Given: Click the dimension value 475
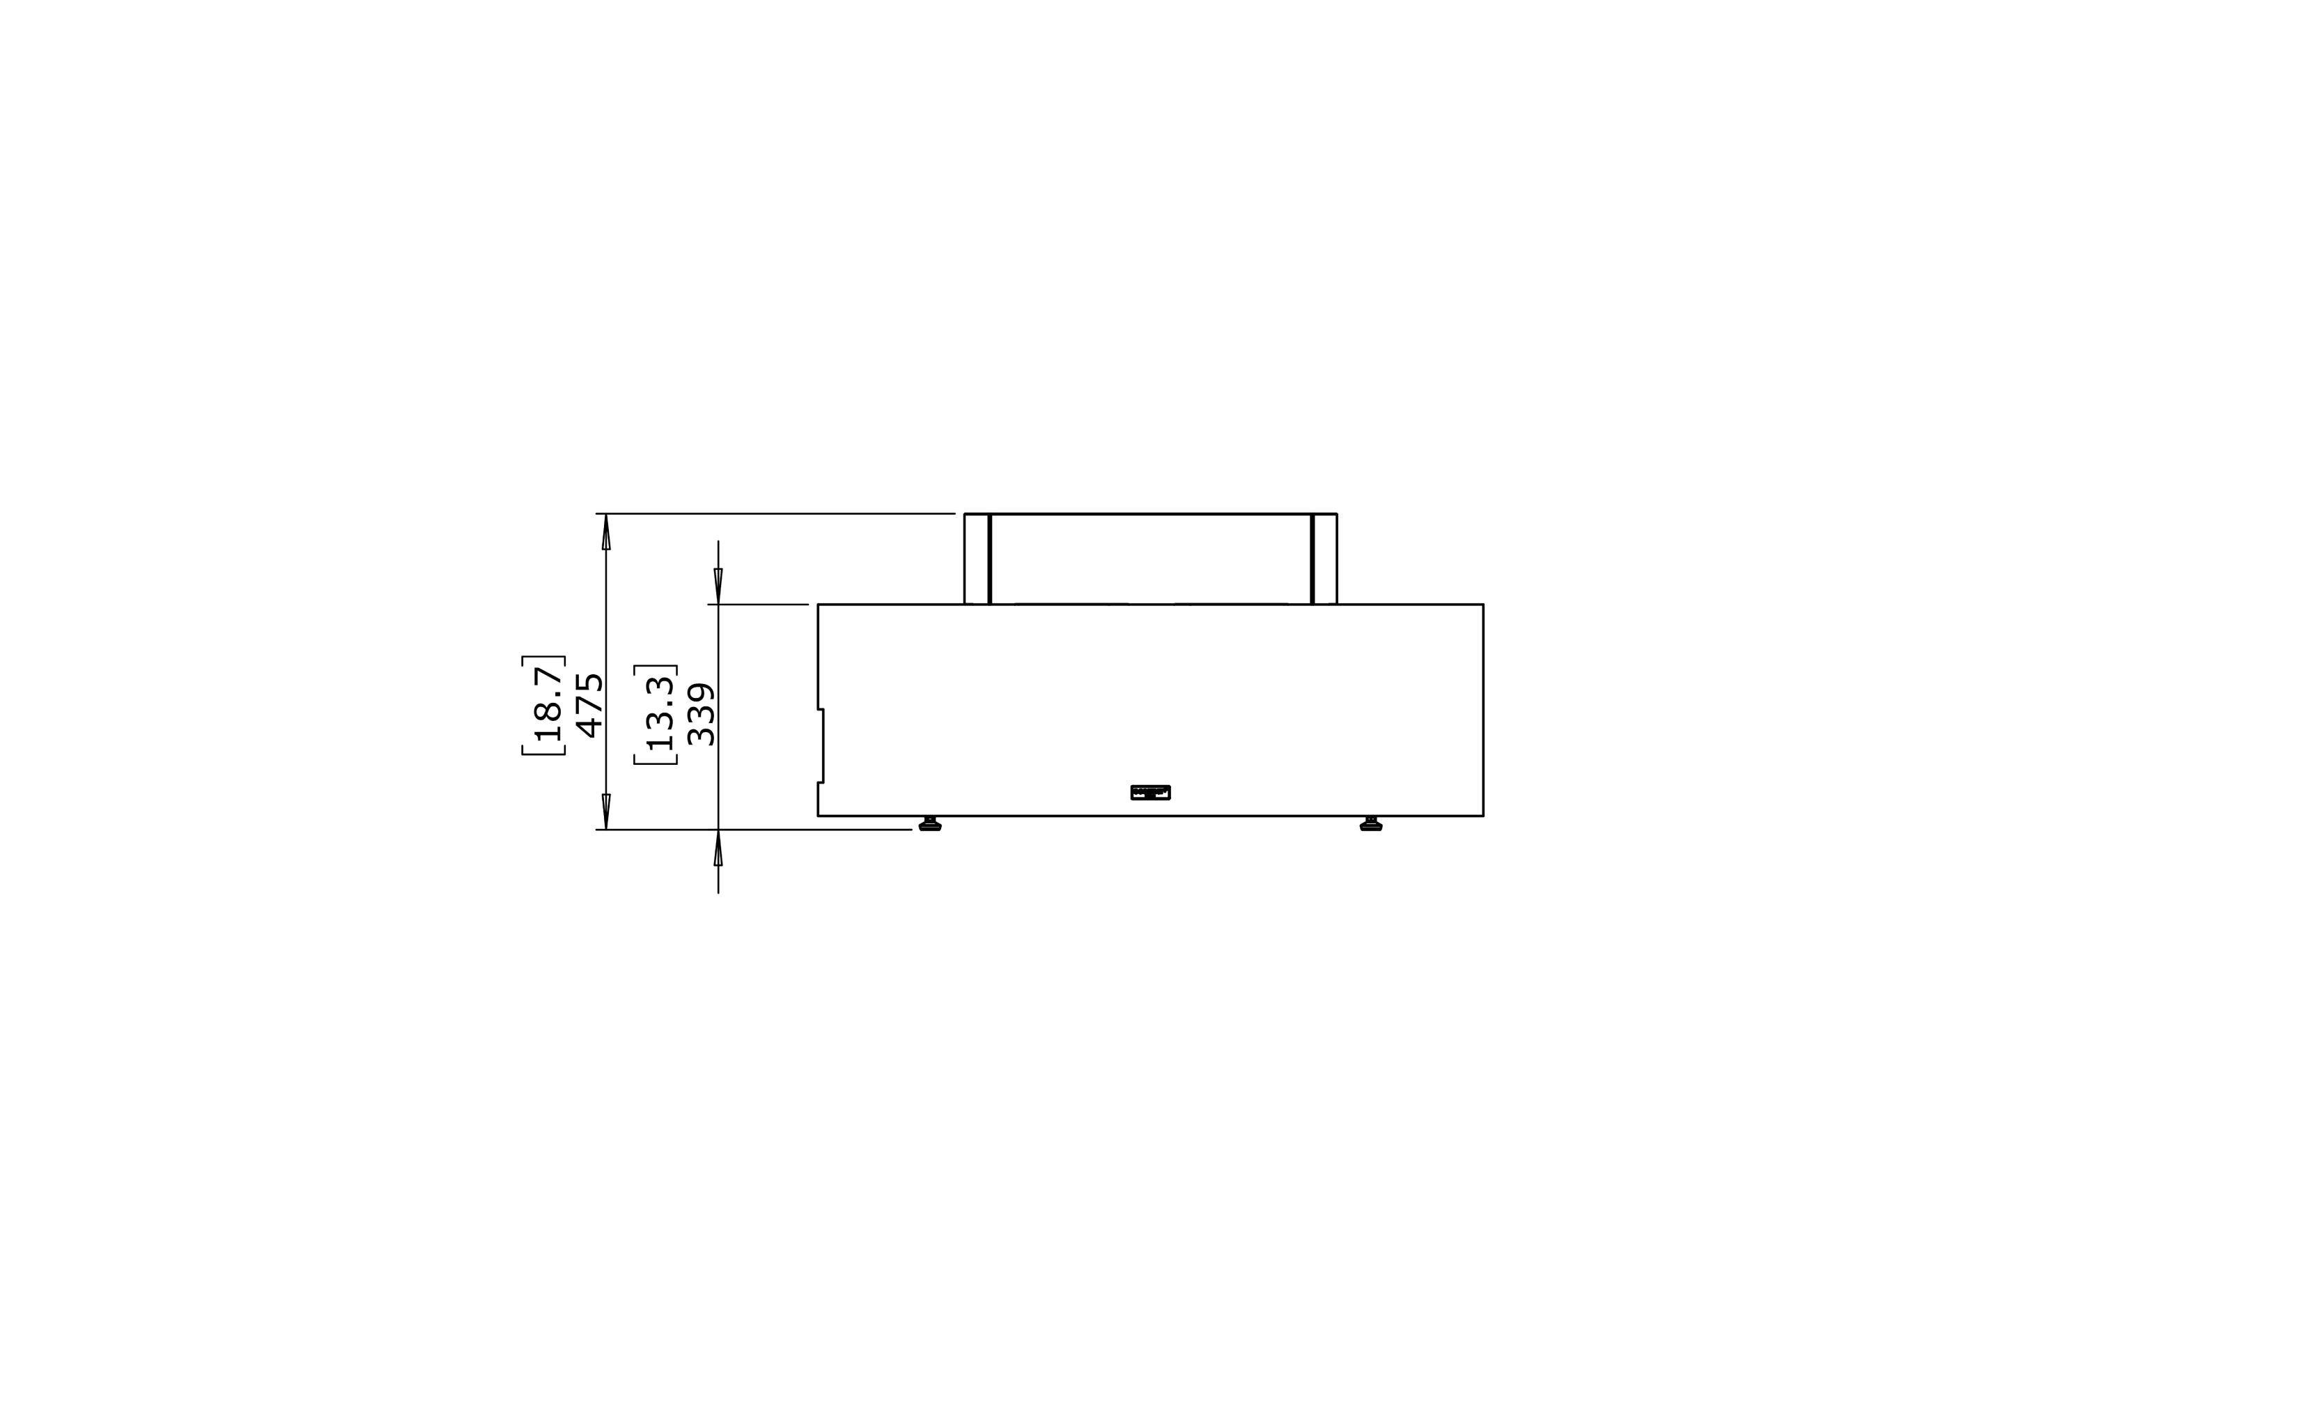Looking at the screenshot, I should [589, 705].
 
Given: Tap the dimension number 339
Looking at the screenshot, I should [701, 714].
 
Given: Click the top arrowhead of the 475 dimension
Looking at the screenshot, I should [606, 532].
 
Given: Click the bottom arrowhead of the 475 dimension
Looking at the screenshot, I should [606, 811].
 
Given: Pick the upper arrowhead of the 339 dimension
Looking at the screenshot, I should [718, 586].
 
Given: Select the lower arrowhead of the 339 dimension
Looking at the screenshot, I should [718, 848].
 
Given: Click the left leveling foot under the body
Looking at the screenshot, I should [929, 824].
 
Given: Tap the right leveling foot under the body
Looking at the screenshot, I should [1371, 824].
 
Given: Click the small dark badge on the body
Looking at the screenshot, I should [1150, 792].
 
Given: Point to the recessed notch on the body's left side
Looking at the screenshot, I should [821, 745].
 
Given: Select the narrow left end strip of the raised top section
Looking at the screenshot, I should [977, 559].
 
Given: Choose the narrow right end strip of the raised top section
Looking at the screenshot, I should [1325, 559].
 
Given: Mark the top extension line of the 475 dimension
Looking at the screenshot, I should [775, 514].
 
